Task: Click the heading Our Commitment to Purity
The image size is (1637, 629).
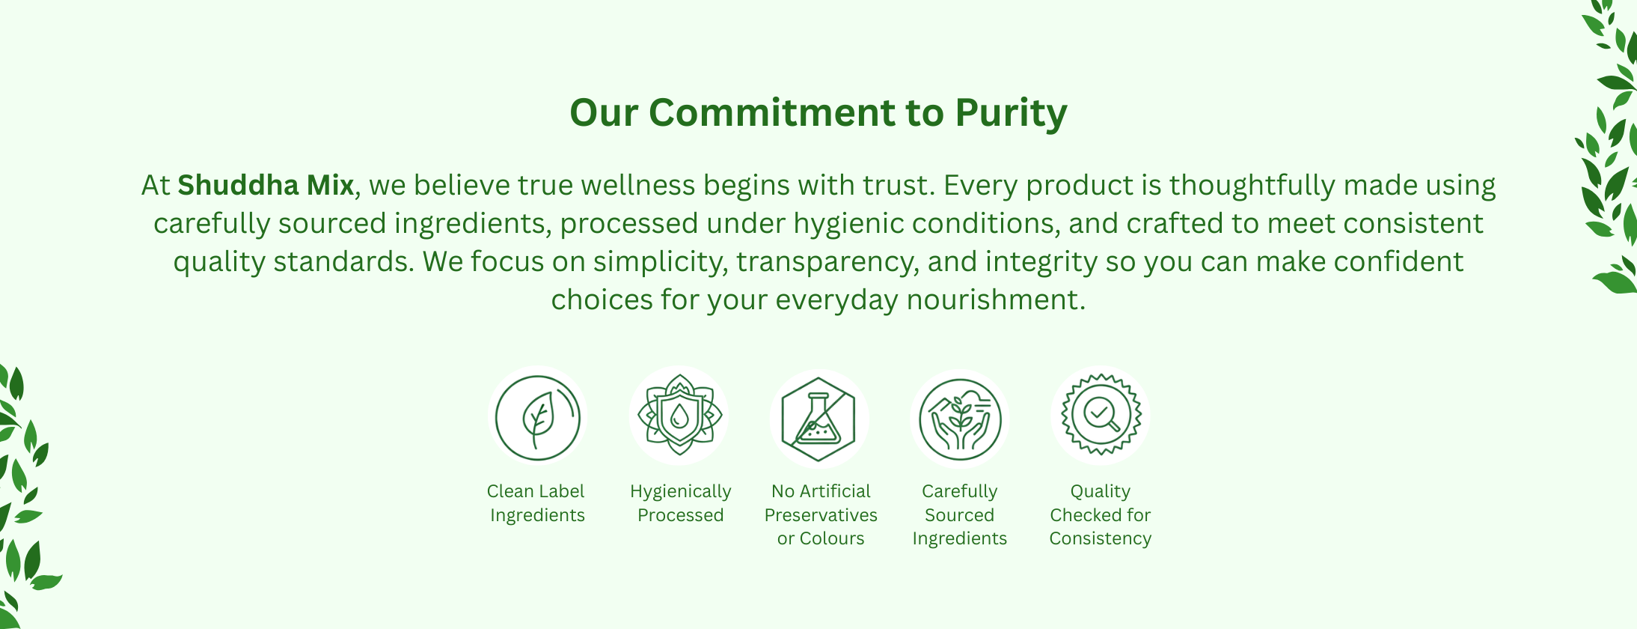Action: (818, 113)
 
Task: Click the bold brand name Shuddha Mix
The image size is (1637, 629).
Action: (266, 185)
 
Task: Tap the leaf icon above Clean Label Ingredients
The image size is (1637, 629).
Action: (538, 416)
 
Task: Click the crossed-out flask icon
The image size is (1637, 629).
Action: (819, 419)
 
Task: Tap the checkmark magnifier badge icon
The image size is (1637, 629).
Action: (1101, 414)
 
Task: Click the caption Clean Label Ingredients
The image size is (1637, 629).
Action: (536, 503)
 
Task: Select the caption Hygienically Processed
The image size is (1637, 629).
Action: (680, 503)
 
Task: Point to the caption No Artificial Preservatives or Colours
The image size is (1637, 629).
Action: (821, 514)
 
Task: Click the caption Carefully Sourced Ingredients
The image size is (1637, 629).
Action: (960, 514)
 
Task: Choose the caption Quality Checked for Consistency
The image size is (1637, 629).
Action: (1101, 514)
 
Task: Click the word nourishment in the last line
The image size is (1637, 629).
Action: (996, 300)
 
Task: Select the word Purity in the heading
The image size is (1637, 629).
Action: (1012, 113)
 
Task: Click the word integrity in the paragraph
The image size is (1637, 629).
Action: (1041, 262)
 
